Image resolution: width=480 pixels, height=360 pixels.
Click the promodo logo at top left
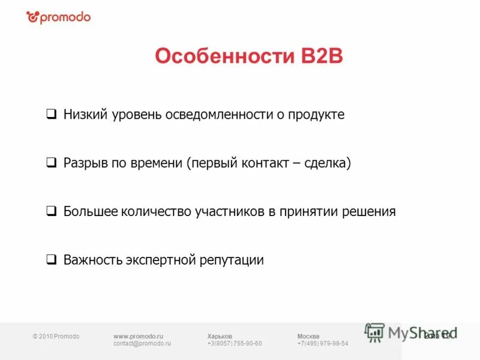[58, 17]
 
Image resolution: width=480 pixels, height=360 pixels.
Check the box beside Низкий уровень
[52, 114]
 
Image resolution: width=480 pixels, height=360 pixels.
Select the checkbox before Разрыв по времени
[52, 163]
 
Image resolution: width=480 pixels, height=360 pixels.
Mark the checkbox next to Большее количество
[52, 211]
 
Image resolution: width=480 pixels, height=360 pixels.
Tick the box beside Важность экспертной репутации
[52, 260]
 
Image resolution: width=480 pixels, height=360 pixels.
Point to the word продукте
[317, 114]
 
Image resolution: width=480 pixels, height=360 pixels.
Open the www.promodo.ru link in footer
[138, 336]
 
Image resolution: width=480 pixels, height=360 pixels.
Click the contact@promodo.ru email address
[142, 344]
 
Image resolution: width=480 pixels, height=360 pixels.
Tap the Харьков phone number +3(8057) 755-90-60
[234, 344]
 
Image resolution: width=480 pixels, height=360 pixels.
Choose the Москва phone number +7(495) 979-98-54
[323, 344]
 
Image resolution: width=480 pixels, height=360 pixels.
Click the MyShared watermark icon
[375, 332]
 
